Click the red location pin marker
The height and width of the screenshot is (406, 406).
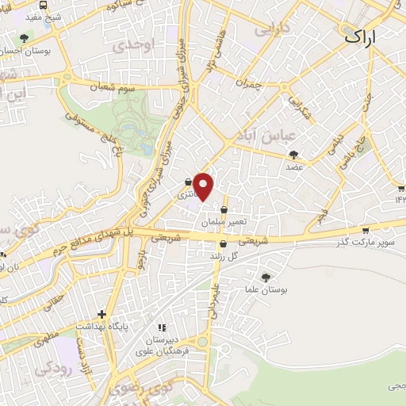[x=204, y=186]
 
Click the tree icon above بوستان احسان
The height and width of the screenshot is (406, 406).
[x=25, y=38]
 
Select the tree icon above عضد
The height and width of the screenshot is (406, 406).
[x=294, y=155]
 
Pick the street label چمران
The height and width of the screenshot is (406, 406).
[x=247, y=81]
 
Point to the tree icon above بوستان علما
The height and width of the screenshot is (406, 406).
[x=265, y=278]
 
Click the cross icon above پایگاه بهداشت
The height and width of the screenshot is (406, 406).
[x=101, y=314]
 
